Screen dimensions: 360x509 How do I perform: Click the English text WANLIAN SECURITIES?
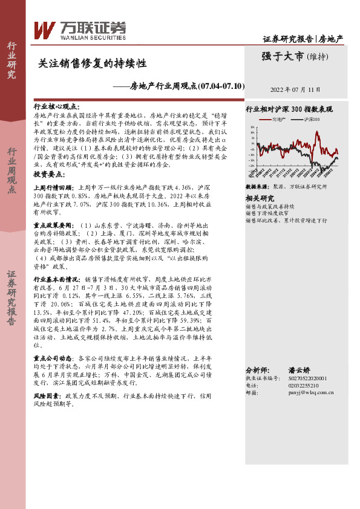point(85,36)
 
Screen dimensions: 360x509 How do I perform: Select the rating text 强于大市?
point(277,57)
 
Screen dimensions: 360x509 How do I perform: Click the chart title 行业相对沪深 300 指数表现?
point(289,110)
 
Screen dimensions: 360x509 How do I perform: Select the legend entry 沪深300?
point(311,120)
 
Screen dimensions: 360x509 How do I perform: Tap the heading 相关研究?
point(259,198)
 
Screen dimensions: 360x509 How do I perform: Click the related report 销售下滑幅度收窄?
point(271,213)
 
